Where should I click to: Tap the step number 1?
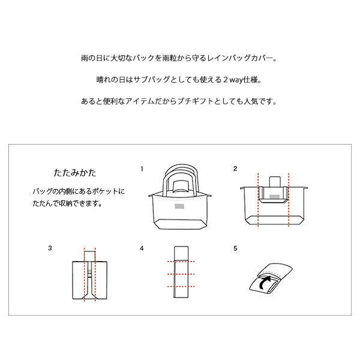click(143, 169)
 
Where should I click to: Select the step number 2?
click(235, 169)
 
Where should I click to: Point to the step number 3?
click(50, 247)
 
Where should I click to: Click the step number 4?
click(142, 247)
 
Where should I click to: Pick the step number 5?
click(235, 247)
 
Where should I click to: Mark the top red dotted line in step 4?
click(181, 262)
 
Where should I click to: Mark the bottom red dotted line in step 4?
click(181, 287)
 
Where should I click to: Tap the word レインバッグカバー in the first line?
click(247, 59)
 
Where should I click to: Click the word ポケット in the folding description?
click(107, 191)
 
